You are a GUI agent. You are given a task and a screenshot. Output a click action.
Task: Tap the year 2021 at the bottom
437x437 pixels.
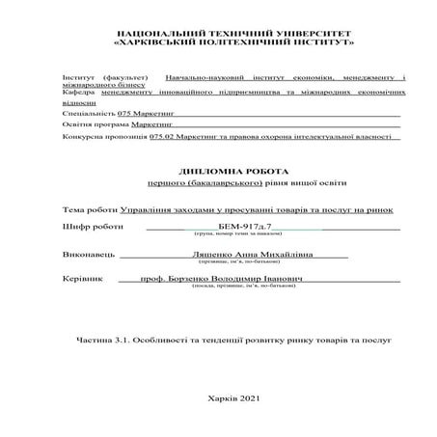click(250, 397)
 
